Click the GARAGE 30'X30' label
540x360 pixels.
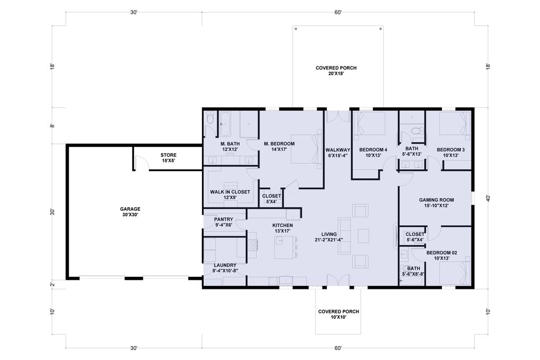pos(130,212)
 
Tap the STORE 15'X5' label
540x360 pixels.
pos(168,158)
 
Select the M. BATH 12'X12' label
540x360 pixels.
pos(230,147)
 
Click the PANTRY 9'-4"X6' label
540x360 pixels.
pos(224,222)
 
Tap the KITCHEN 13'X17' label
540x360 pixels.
pos(283,228)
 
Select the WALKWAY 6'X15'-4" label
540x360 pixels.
pos(338,152)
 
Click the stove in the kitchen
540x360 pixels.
pos(253,246)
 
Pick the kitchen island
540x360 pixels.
pos(283,247)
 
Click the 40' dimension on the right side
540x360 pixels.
pos(488,198)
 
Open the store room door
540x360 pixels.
pos(142,162)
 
